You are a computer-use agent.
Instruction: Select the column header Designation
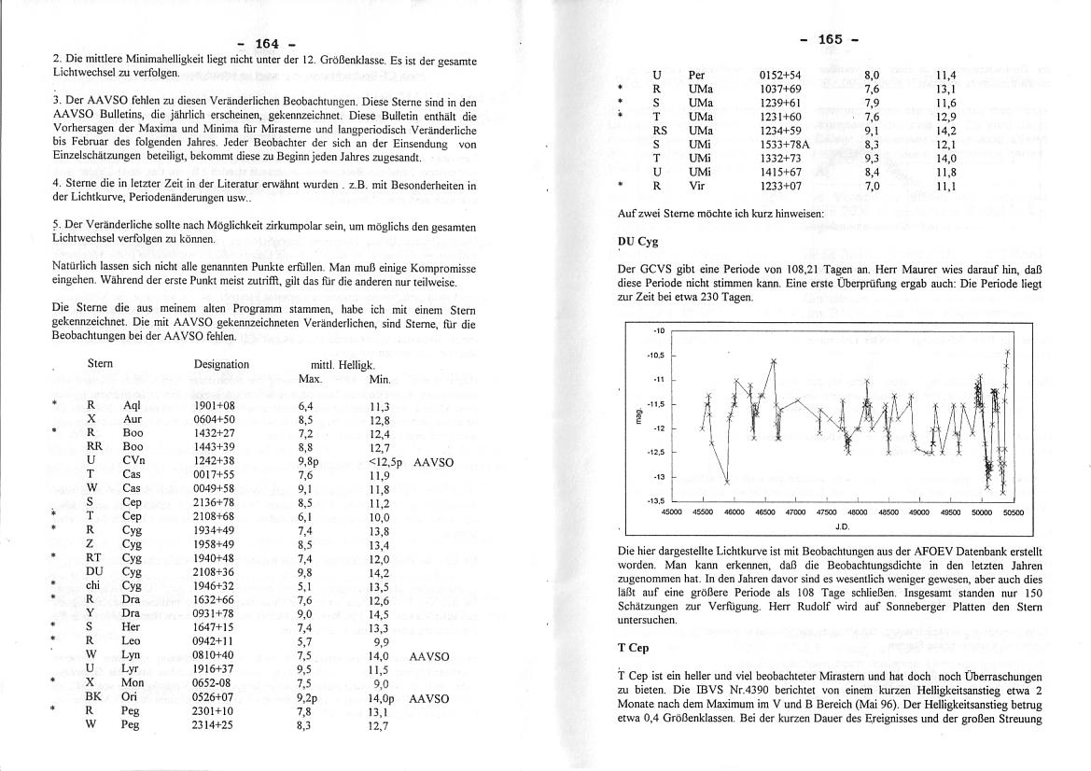[x=221, y=364]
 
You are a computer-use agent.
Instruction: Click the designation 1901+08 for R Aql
[x=214, y=406]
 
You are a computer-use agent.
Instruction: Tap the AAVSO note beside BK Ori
[x=428, y=698]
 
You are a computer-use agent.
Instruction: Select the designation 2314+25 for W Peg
[x=214, y=725]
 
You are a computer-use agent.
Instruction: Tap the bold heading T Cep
[x=635, y=647]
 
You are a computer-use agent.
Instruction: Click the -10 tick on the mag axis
[x=658, y=331]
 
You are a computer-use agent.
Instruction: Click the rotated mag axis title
[x=640, y=416]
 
